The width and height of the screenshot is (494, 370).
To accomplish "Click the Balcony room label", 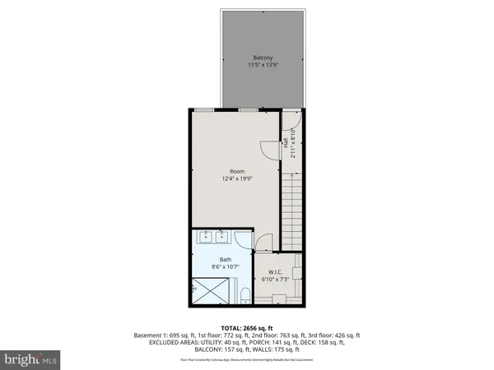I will (263, 58).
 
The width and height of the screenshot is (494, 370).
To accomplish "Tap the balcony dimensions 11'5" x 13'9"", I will (263, 65).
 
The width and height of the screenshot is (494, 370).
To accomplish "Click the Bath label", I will (213, 259).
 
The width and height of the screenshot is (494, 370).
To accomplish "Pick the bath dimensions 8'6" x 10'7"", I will (213, 266).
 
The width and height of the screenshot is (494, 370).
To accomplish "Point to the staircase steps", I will (292, 210).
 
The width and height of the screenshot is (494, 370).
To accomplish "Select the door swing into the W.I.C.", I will (263, 243).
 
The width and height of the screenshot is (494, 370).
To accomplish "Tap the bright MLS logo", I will (30, 359).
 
